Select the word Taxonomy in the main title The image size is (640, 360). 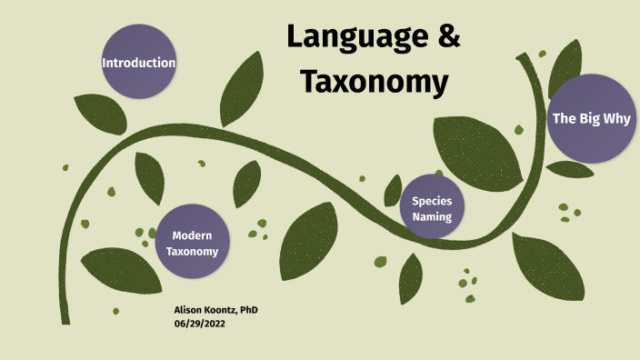tap(375, 82)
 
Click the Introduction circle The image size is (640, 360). tap(138, 63)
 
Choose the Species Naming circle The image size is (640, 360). tap(432, 208)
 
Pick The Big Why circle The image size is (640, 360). tap(591, 118)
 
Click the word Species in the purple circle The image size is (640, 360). tap(432, 201)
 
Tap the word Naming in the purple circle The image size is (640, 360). tap(432, 216)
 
